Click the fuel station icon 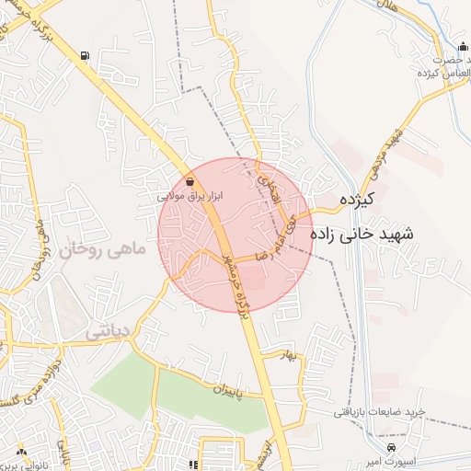coord(85,56)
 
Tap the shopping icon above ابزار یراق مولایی coord(190,181)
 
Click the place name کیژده coord(354,199)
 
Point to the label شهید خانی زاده coord(363,235)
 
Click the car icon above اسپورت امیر coord(392,447)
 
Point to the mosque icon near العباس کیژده coord(463,49)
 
